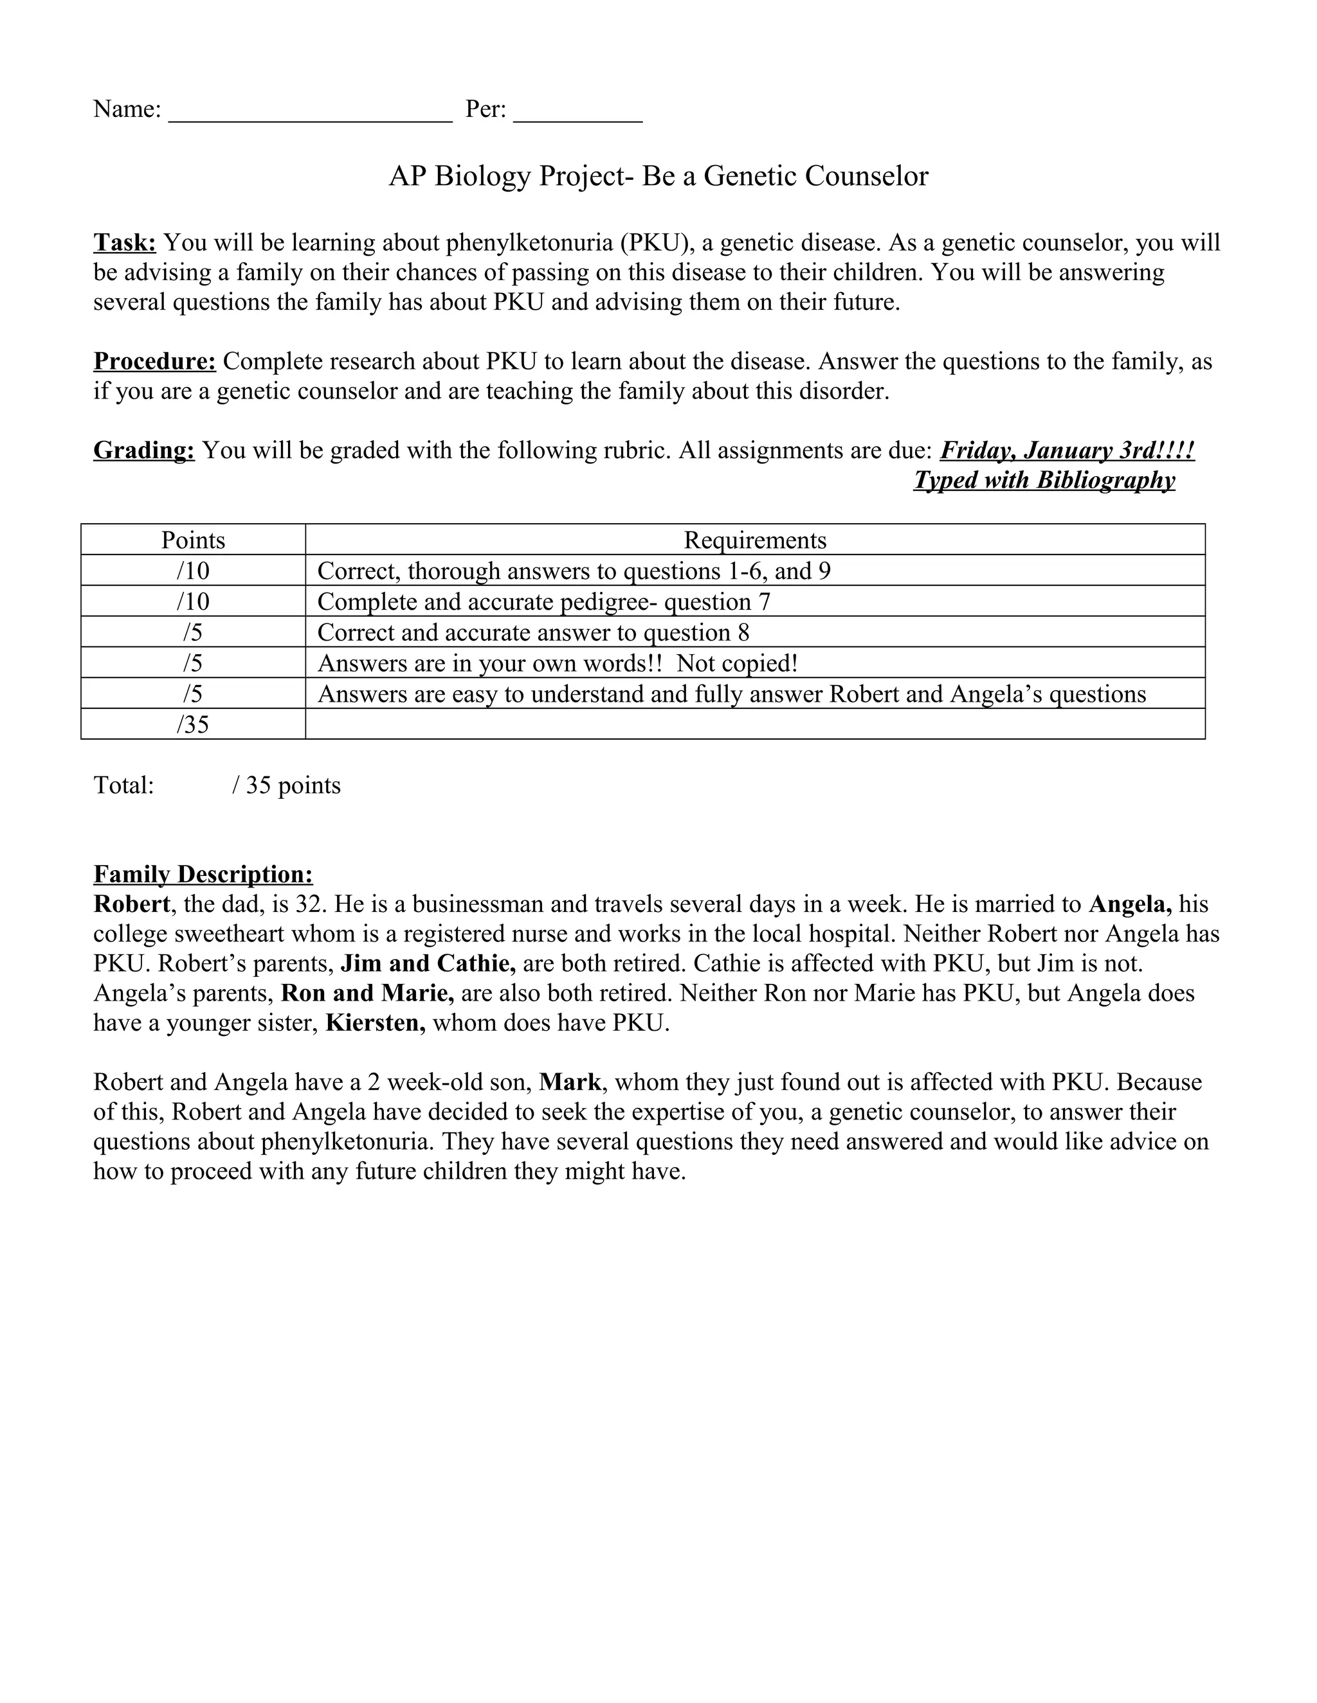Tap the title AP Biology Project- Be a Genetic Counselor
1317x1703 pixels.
(x=658, y=176)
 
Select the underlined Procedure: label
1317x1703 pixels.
(x=154, y=362)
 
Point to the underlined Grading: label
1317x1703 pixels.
(x=143, y=450)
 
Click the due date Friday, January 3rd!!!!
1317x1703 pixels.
(x=1067, y=450)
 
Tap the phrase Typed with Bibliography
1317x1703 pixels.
(x=1044, y=480)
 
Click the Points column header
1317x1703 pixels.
(x=193, y=540)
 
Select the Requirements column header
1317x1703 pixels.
(x=754, y=540)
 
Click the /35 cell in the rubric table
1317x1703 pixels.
(x=193, y=724)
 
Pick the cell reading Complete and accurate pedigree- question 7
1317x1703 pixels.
(x=544, y=602)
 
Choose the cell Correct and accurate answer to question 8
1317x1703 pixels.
(x=533, y=632)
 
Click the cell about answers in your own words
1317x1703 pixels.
(x=557, y=663)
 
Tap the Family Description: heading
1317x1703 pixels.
(x=203, y=874)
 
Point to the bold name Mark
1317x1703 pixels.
(x=570, y=1082)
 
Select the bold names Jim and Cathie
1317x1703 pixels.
(x=428, y=964)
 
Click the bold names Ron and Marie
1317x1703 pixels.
(x=367, y=994)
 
